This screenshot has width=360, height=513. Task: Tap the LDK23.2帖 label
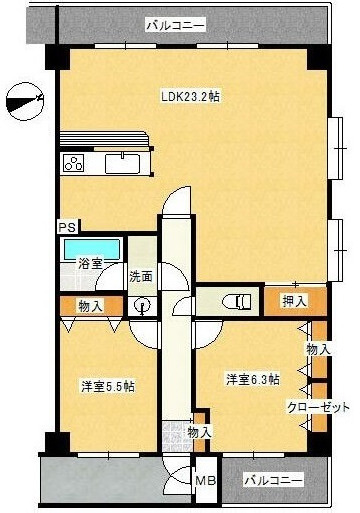click(191, 97)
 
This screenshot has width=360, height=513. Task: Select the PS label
click(67, 227)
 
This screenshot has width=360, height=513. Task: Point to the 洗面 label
click(141, 276)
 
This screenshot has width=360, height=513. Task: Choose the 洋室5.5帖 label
click(108, 385)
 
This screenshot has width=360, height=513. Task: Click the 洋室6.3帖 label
click(252, 379)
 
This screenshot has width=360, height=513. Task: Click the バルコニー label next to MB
click(272, 481)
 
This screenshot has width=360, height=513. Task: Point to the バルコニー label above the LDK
click(175, 23)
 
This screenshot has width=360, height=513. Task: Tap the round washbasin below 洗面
click(142, 307)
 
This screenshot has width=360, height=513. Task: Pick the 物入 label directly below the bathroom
click(89, 305)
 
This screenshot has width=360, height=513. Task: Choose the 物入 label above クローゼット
click(318, 349)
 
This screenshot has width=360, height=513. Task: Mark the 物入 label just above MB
click(199, 432)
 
